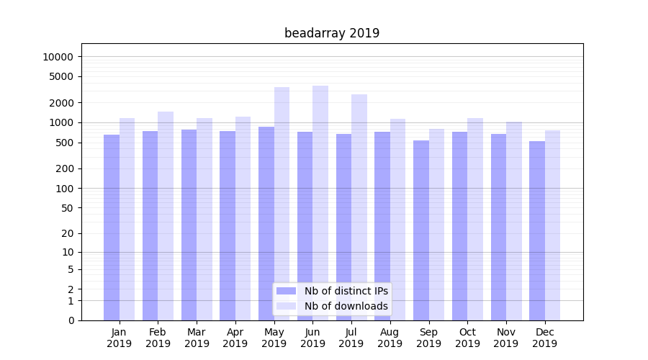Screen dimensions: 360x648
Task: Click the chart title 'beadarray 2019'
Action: coord(332,33)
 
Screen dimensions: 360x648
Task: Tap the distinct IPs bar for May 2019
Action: coord(266,223)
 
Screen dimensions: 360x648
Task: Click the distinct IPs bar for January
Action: coord(112,228)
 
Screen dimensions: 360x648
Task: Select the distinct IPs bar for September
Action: coord(421,230)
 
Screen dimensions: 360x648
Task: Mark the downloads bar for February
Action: coord(166,216)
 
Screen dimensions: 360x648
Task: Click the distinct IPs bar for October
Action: coord(459,226)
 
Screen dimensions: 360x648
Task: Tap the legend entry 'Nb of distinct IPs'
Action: coord(346,291)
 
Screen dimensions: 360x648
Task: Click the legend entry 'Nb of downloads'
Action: coord(346,306)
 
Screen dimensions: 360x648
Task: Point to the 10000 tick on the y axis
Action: coord(57,57)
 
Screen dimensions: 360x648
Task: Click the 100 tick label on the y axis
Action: coord(63,189)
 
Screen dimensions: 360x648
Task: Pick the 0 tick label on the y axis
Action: coord(71,320)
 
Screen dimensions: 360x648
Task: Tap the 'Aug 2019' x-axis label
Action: coord(390,338)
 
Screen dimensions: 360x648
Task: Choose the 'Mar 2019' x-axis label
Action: coord(197,338)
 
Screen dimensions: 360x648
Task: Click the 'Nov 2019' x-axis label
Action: coord(506,338)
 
